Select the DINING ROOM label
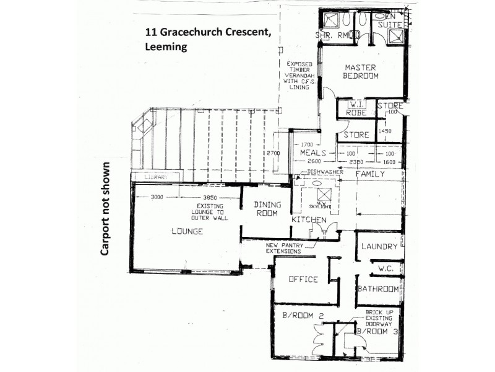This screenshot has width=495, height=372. (267, 209)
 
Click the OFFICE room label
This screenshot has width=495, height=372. (303, 279)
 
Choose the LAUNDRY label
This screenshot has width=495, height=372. (378, 247)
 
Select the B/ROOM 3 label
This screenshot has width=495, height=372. (378, 332)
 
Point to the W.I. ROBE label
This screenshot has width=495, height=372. (356, 109)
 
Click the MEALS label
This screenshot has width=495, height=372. (312, 153)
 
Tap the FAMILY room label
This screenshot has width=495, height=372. (370, 174)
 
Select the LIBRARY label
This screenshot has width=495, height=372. (155, 177)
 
